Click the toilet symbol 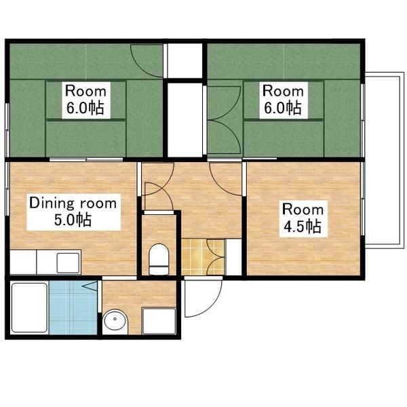pyautogui.click(x=159, y=259)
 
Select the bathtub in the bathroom pyautogui.click(x=29, y=307)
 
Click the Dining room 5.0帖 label pyautogui.click(x=74, y=212)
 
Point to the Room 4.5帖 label pyautogui.click(x=303, y=218)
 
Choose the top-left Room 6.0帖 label pyautogui.click(x=86, y=100)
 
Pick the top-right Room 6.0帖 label pyautogui.click(x=284, y=100)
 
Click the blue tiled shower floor pyautogui.click(x=73, y=308)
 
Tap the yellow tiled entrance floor pyautogui.click(x=203, y=257)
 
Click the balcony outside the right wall pyautogui.click(x=385, y=158)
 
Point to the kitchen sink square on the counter pyautogui.click(x=68, y=263)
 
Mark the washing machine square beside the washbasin pyautogui.click(x=159, y=321)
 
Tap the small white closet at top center pyautogui.click(x=185, y=61)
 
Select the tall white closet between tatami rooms pyautogui.click(x=185, y=120)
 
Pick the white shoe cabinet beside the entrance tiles pyautogui.click(x=234, y=257)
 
